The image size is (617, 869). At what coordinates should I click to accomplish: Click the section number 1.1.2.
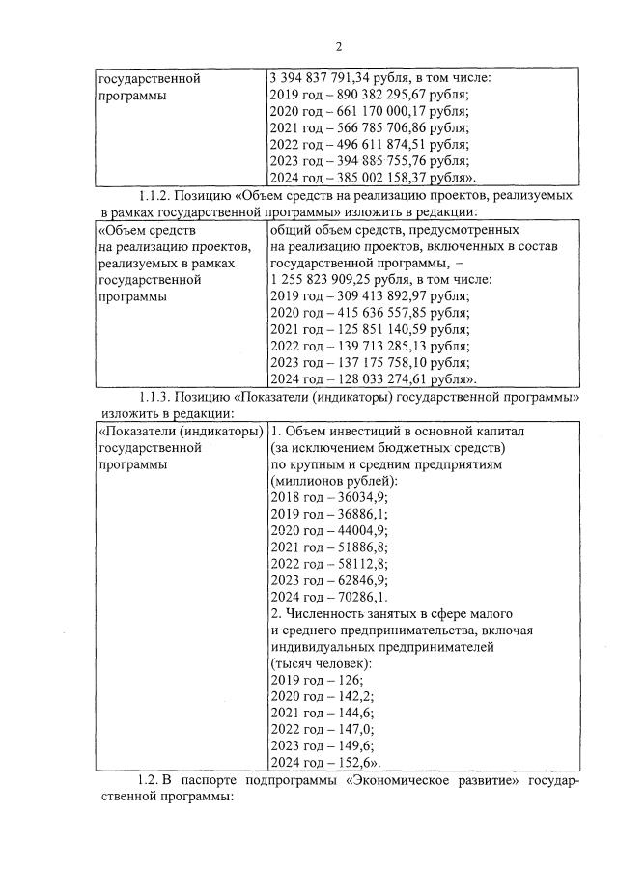(158, 195)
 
